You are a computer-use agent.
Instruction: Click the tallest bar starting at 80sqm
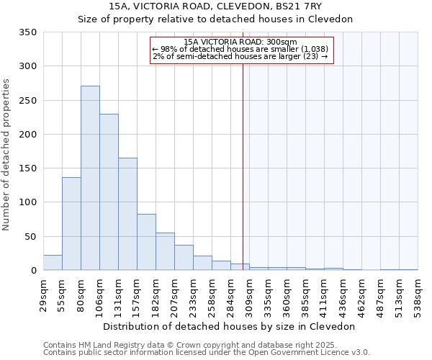pos(90,178)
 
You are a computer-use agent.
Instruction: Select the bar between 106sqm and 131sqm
pos(109,192)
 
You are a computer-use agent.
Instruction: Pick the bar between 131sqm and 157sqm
pos(127,214)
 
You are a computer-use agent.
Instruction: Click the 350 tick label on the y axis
pos(27,32)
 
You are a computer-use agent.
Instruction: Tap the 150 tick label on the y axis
pos(27,168)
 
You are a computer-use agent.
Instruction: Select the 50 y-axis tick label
pos(30,236)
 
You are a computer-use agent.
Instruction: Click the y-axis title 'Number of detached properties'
pos(6,155)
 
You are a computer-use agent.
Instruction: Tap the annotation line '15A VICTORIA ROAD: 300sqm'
pos(240,42)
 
